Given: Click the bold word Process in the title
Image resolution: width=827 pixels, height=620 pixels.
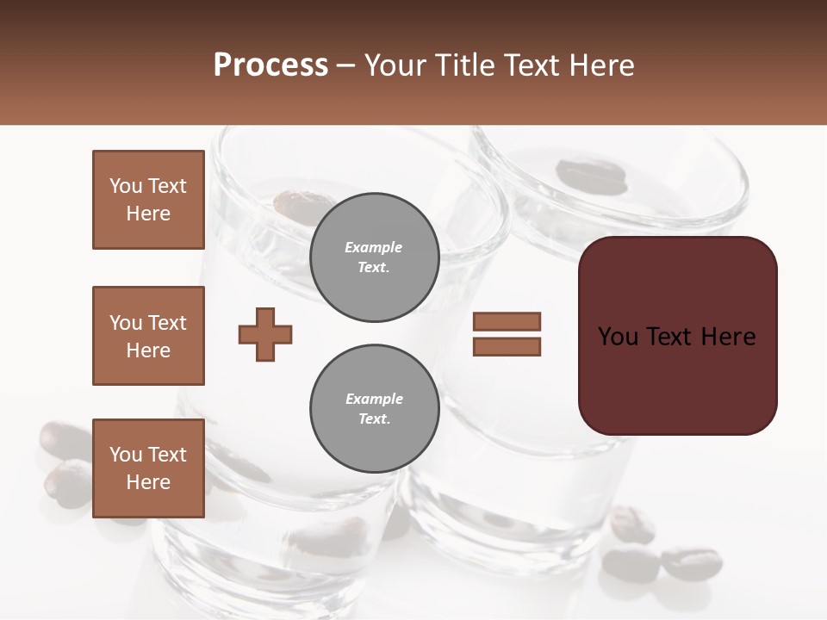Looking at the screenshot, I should coord(270,65).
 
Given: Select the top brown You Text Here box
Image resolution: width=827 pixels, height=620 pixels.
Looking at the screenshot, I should coord(148,200).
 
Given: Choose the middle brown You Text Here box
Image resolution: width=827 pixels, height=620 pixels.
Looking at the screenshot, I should coord(148,336).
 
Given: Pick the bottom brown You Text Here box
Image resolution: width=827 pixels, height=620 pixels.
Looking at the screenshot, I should coord(148,468).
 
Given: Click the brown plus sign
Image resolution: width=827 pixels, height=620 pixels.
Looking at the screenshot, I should coord(265,334).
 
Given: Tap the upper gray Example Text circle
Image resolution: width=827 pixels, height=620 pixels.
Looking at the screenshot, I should coord(374,257).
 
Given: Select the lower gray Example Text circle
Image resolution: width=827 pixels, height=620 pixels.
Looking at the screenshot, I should coord(374,409).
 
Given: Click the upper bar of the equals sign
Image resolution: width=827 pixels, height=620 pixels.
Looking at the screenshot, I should coord(507,322).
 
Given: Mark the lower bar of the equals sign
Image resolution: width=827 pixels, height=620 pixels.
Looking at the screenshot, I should coord(507,347).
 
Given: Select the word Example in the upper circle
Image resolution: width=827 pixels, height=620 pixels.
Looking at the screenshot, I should coord(374,247).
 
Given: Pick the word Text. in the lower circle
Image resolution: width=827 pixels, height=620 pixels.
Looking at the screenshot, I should coord(374,419).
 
